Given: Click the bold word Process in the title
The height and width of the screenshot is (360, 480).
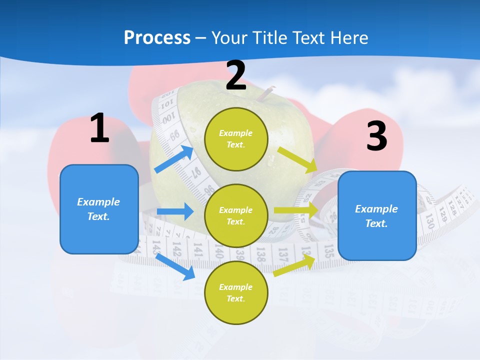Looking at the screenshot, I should pyautogui.click(x=157, y=37).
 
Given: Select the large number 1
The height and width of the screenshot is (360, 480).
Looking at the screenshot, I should pyautogui.click(x=99, y=128).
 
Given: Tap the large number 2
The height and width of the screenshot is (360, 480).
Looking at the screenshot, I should pyautogui.click(x=236, y=75).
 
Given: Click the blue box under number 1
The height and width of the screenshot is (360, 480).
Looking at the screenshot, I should pyautogui.click(x=99, y=209).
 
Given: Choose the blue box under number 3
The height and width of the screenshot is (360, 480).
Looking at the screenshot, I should pyautogui.click(x=377, y=215).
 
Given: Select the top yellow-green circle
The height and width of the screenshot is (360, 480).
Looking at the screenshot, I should pyautogui.click(x=236, y=139).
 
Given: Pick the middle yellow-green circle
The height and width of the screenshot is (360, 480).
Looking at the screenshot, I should pyautogui.click(x=236, y=215).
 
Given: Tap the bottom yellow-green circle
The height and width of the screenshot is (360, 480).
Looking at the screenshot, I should pyautogui.click(x=236, y=292).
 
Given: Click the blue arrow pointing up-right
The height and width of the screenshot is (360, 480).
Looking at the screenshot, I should pyautogui.click(x=174, y=159).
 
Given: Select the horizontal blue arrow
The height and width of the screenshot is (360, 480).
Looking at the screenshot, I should pyautogui.click(x=175, y=211).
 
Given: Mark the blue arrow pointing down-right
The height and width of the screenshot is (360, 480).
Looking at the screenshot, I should pyautogui.click(x=175, y=266).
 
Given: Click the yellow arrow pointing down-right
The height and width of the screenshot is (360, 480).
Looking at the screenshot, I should pyautogui.click(x=297, y=160).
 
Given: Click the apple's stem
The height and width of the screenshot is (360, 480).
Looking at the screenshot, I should pyautogui.click(x=269, y=92).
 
